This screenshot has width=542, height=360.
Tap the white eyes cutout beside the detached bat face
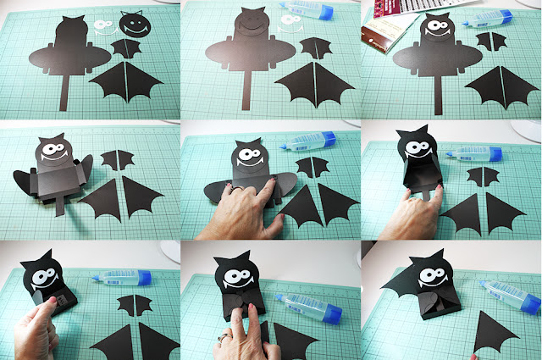(103, 28)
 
